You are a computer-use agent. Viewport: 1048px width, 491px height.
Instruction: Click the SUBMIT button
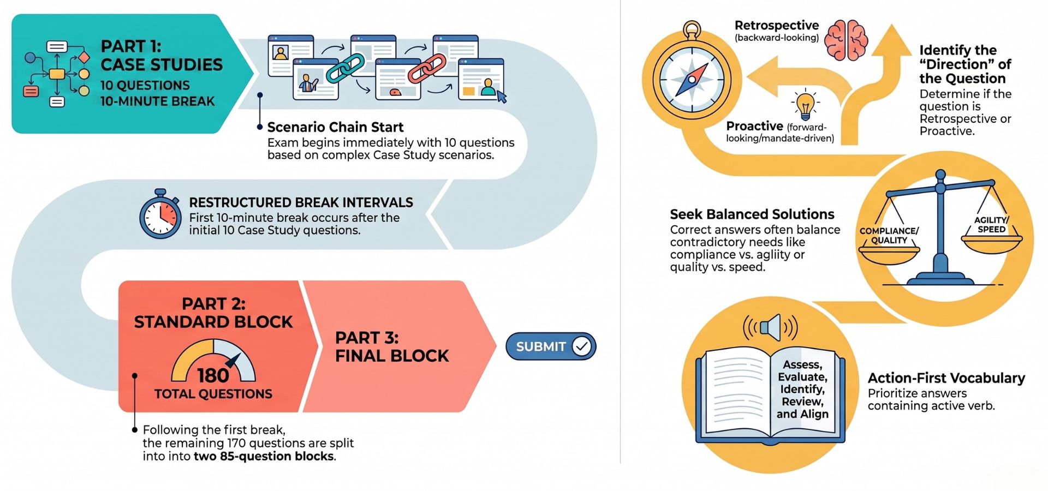pos(551,346)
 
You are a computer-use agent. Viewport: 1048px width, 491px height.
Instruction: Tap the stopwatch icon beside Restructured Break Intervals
pos(160,214)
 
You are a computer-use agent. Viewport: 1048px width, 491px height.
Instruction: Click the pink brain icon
pos(846,40)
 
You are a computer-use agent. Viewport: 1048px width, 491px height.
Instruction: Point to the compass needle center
pos(692,80)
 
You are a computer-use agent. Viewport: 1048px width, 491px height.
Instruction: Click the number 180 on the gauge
pos(213,375)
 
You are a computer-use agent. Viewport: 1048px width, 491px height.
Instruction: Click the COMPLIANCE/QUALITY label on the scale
pos(889,236)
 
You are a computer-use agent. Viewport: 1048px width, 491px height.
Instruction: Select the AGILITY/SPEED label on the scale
pos(991,225)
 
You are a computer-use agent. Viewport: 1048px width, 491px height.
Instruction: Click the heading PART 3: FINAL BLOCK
pos(392,346)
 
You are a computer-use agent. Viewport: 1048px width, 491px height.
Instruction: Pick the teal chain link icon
pos(345,68)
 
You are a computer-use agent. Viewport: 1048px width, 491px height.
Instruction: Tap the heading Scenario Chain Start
pos(335,127)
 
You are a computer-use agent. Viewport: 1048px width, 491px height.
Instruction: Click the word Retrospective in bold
pos(776,25)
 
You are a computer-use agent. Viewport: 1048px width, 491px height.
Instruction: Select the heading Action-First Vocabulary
pos(946,378)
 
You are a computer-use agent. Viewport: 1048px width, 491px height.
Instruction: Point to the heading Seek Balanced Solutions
pos(752,214)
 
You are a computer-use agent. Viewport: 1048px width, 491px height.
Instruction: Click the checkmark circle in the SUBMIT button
pos(582,346)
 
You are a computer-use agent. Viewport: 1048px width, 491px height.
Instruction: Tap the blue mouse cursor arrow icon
pos(501,97)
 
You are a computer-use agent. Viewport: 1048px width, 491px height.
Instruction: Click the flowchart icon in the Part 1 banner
pos(57,74)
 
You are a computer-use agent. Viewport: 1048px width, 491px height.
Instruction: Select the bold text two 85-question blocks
pos(264,456)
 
